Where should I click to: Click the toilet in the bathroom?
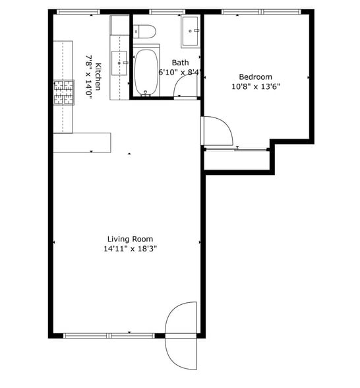point(144,30)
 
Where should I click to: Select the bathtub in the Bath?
point(146,71)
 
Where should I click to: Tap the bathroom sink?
point(191,30)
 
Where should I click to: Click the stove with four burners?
point(63,92)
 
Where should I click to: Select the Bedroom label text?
point(255,77)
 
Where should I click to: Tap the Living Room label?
point(130,239)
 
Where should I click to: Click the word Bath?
point(180,63)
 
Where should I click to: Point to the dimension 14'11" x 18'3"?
point(130,249)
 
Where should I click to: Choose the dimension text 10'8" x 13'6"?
point(255,86)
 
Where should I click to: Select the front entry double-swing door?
point(181,335)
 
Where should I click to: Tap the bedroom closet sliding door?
point(235,149)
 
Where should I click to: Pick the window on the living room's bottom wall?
point(109,335)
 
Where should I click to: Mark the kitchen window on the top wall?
point(78,12)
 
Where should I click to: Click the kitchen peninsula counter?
point(82,143)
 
